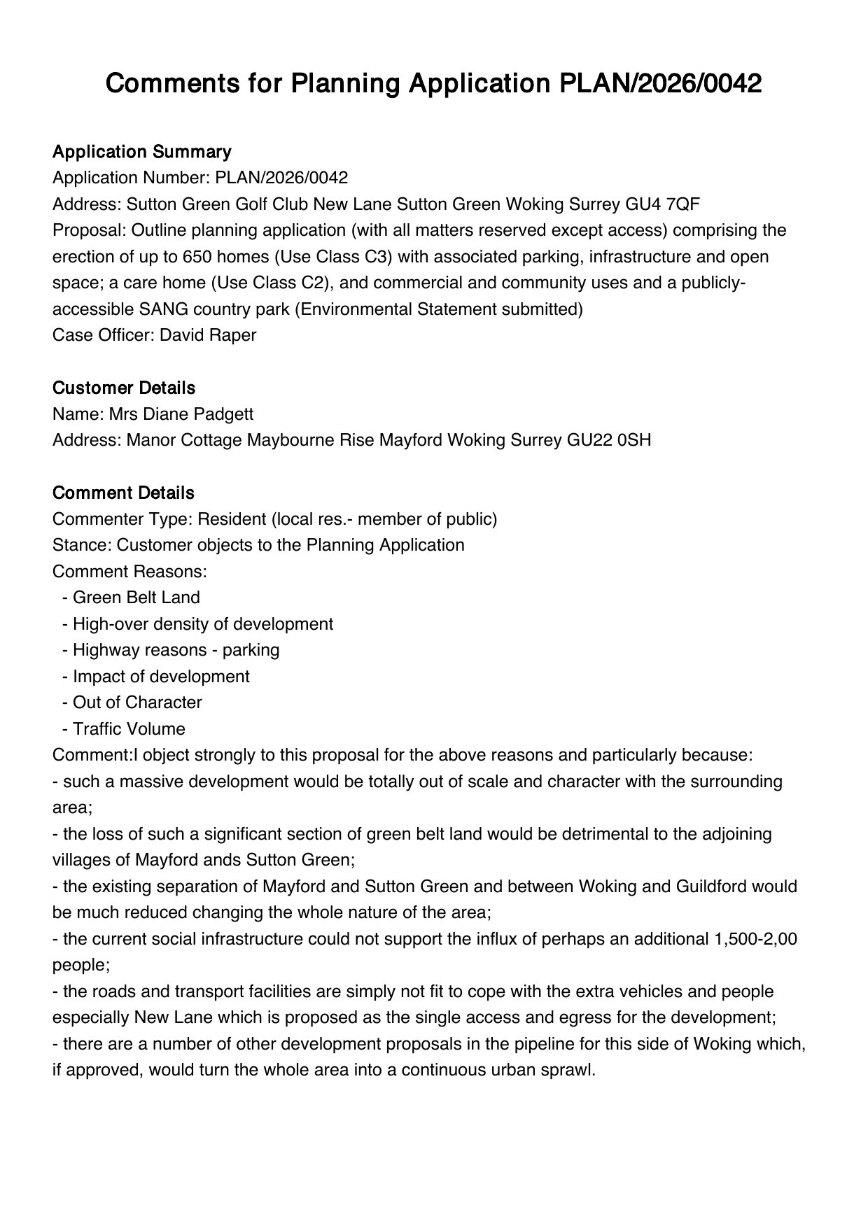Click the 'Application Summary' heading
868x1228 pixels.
pos(141,152)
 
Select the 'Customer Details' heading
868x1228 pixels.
pos(124,388)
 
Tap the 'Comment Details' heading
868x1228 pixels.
pos(123,493)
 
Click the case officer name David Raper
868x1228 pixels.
pos(208,335)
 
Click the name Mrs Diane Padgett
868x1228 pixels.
pos(181,414)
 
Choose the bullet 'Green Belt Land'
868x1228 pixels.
pos(136,598)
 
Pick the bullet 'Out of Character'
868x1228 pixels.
pos(137,703)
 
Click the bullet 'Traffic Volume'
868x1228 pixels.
pos(129,729)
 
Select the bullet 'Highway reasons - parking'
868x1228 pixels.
pos(176,650)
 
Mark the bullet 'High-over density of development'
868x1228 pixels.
pos(202,624)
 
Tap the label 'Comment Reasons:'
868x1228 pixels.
pos(129,572)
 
